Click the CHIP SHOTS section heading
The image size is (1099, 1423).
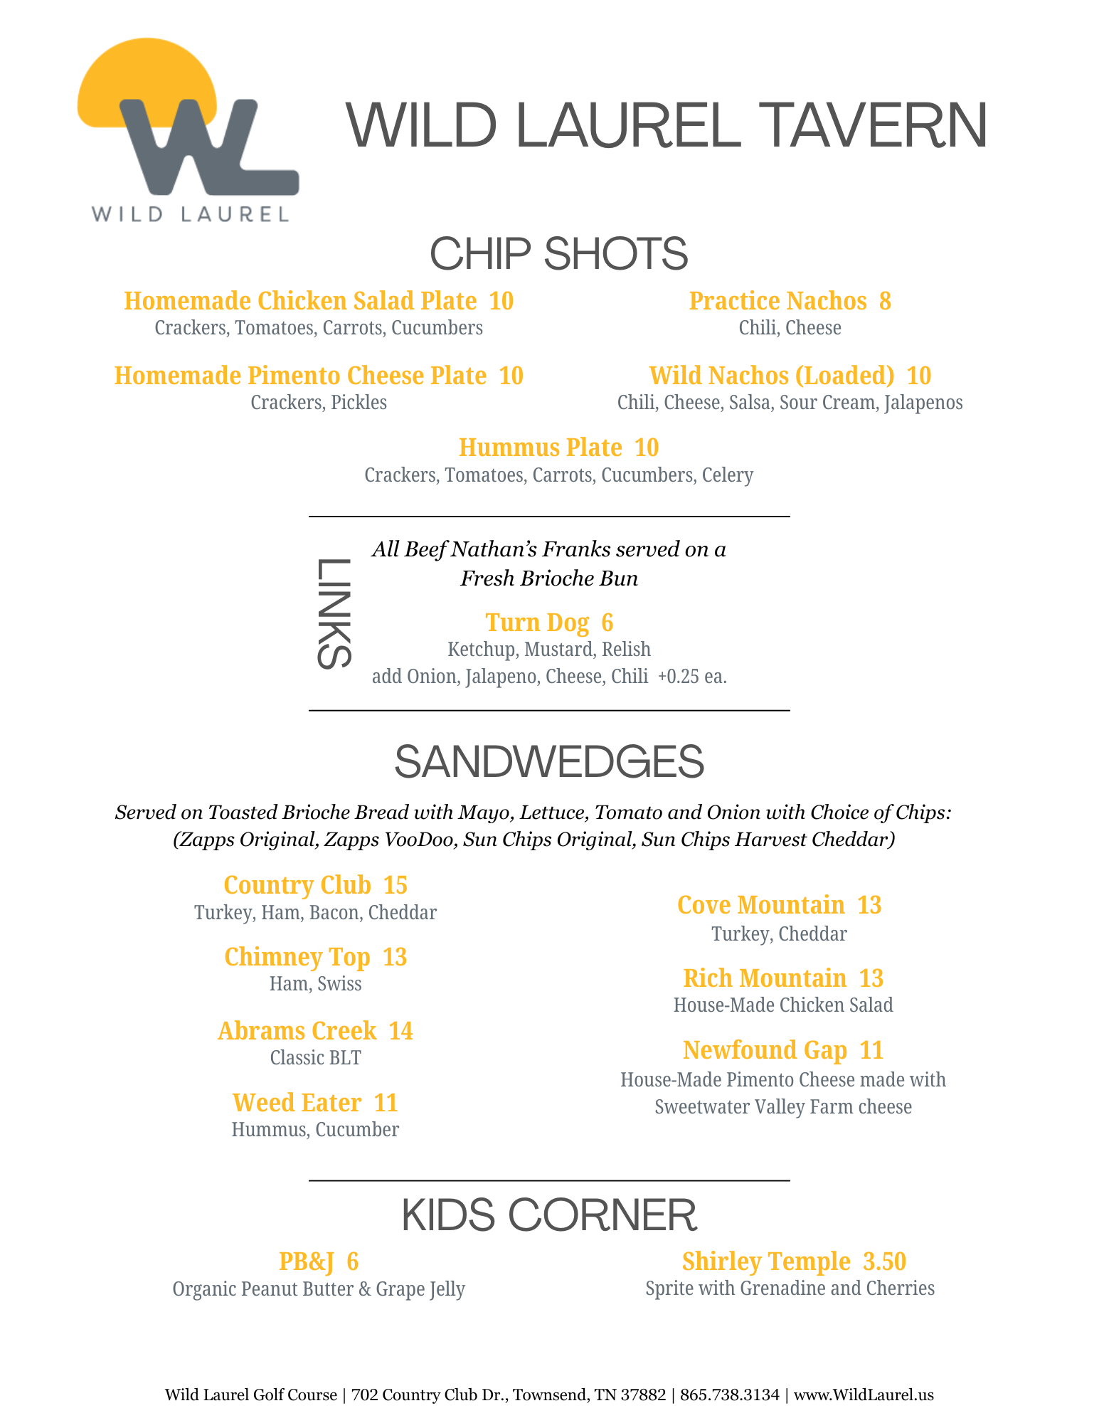(x=558, y=254)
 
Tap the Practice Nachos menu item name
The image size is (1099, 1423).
(x=777, y=301)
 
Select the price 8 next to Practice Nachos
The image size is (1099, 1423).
(x=885, y=301)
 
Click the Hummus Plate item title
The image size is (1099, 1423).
(x=540, y=448)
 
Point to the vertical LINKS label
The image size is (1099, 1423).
(x=333, y=613)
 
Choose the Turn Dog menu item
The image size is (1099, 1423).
(x=537, y=623)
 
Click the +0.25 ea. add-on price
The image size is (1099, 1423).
(x=692, y=677)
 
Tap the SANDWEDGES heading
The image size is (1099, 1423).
(x=549, y=761)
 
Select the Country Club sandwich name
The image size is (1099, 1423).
(x=297, y=885)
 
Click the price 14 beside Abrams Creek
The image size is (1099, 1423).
(x=400, y=1031)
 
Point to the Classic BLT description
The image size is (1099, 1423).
(x=315, y=1058)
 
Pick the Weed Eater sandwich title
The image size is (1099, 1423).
(x=297, y=1103)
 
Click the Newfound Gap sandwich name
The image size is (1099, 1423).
(x=765, y=1050)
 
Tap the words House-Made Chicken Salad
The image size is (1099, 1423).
(x=782, y=1005)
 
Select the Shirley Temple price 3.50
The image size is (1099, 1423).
(x=884, y=1261)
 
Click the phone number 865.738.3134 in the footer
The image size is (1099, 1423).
(x=729, y=1395)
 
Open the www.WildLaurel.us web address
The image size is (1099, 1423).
(x=863, y=1395)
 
